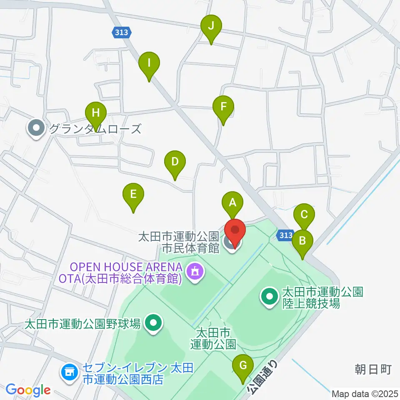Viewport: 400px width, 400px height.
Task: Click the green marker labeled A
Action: tap(232, 203)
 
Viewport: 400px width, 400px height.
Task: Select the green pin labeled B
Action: tap(303, 241)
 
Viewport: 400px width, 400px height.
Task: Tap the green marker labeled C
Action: tap(304, 215)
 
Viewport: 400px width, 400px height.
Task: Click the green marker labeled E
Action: tap(133, 195)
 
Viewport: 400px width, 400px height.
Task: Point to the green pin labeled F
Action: tap(223, 107)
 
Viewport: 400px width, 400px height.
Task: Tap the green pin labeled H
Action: tap(96, 113)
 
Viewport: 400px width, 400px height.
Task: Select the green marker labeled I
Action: tap(149, 63)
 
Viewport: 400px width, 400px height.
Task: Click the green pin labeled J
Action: tap(211, 26)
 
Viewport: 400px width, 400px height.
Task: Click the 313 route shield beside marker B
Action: tap(286, 235)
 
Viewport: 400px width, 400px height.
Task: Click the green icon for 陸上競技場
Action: tap(269, 297)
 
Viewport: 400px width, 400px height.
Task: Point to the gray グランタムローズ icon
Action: tap(37, 129)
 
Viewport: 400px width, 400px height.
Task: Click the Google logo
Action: tap(28, 390)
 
